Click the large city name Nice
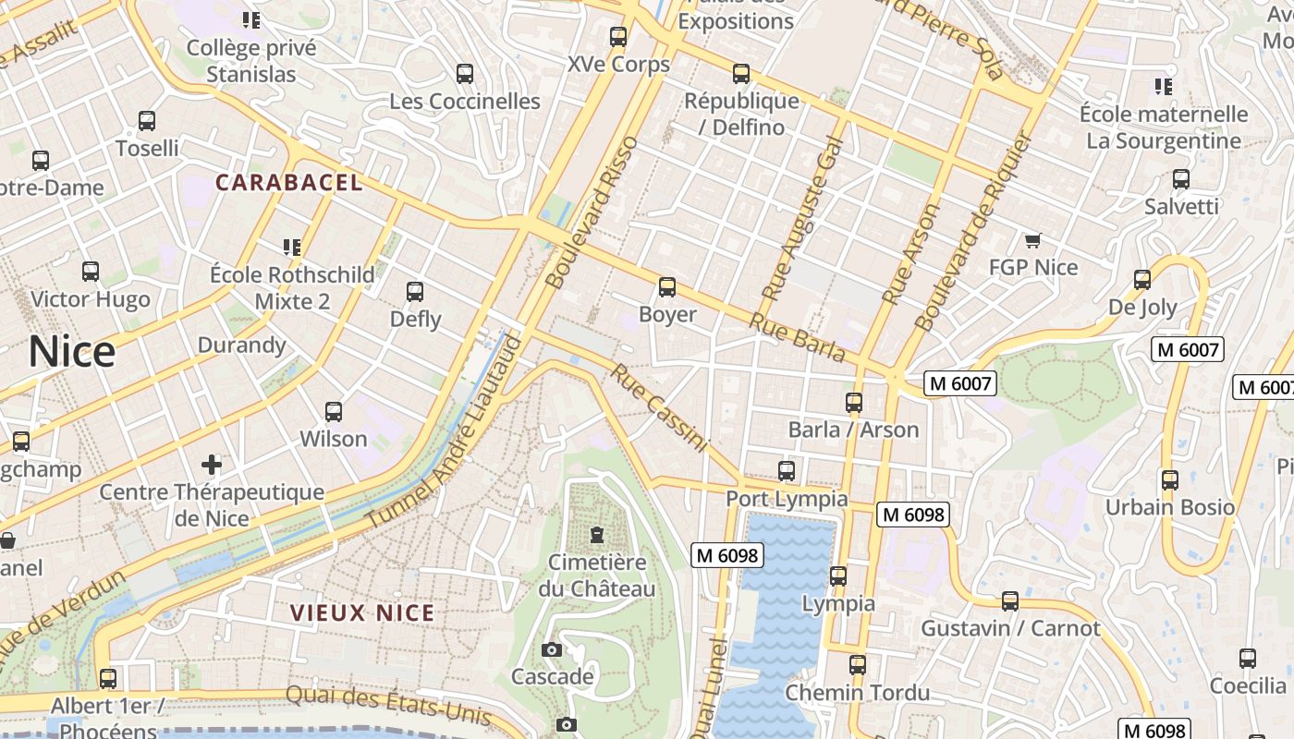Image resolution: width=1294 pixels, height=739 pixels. click(x=72, y=352)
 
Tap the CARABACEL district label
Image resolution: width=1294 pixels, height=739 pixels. click(x=289, y=183)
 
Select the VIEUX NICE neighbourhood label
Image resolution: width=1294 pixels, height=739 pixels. click(x=362, y=612)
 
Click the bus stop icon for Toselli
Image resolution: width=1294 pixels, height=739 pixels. click(x=147, y=121)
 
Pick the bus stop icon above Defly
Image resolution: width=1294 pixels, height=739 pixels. click(x=415, y=292)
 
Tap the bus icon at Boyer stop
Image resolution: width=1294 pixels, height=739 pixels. click(x=667, y=287)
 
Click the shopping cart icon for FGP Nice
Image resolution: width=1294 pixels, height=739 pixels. click(x=1032, y=241)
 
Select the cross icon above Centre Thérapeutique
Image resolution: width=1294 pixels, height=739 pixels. click(x=212, y=464)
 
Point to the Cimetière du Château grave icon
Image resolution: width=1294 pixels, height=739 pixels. click(x=597, y=535)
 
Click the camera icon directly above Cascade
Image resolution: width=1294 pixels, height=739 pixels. click(x=552, y=650)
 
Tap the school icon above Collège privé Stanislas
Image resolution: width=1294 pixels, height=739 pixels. click(x=251, y=19)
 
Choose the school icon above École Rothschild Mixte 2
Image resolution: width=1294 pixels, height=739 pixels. click(x=292, y=247)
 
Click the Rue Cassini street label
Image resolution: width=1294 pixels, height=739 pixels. click(x=660, y=408)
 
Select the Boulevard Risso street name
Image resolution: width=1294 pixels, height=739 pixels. click(x=592, y=212)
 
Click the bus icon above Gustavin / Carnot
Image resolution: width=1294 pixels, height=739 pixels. click(x=1010, y=601)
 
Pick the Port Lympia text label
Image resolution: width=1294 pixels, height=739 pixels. click(x=787, y=499)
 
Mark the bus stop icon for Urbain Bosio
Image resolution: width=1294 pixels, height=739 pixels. click(x=1170, y=480)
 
